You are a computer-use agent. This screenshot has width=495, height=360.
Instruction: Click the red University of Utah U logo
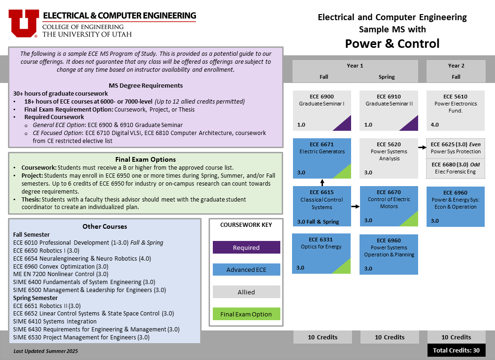click(x=24, y=23)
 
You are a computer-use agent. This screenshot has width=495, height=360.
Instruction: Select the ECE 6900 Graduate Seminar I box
click(x=322, y=111)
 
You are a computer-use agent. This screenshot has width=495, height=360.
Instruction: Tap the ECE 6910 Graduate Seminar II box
click(x=389, y=111)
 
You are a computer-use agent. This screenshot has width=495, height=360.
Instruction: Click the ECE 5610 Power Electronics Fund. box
click(x=456, y=111)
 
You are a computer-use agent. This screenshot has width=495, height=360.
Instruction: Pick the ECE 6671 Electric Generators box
click(x=322, y=158)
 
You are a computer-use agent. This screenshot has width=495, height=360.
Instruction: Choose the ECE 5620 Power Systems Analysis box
click(x=389, y=158)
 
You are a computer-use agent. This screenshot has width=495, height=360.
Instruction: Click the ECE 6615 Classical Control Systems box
click(x=322, y=206)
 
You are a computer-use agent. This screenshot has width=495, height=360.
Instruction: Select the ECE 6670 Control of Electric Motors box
click(x=389, y=206)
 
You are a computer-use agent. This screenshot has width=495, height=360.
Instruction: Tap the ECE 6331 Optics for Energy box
click(x=322, y=254)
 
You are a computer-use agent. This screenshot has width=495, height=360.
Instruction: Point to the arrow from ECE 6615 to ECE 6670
click(x=355, y=207)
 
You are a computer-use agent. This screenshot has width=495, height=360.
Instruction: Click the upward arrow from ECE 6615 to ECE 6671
click(x=322, y=182)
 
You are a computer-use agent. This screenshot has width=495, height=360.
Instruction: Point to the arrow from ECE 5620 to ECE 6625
click(x=422, y=147)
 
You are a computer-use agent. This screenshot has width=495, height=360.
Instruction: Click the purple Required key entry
click(x=246, y=247)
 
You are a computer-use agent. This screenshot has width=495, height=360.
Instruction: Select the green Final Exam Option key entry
click(x=246, y=314)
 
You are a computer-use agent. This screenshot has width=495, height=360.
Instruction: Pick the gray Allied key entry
click(x=246, y=292)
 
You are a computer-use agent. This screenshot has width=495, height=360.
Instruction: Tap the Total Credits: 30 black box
click(x=456, y=350)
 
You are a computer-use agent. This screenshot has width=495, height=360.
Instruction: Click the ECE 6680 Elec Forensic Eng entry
click(x=456, y=168)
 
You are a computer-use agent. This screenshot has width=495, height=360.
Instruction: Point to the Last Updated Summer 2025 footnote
click(x=46, y=351)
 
